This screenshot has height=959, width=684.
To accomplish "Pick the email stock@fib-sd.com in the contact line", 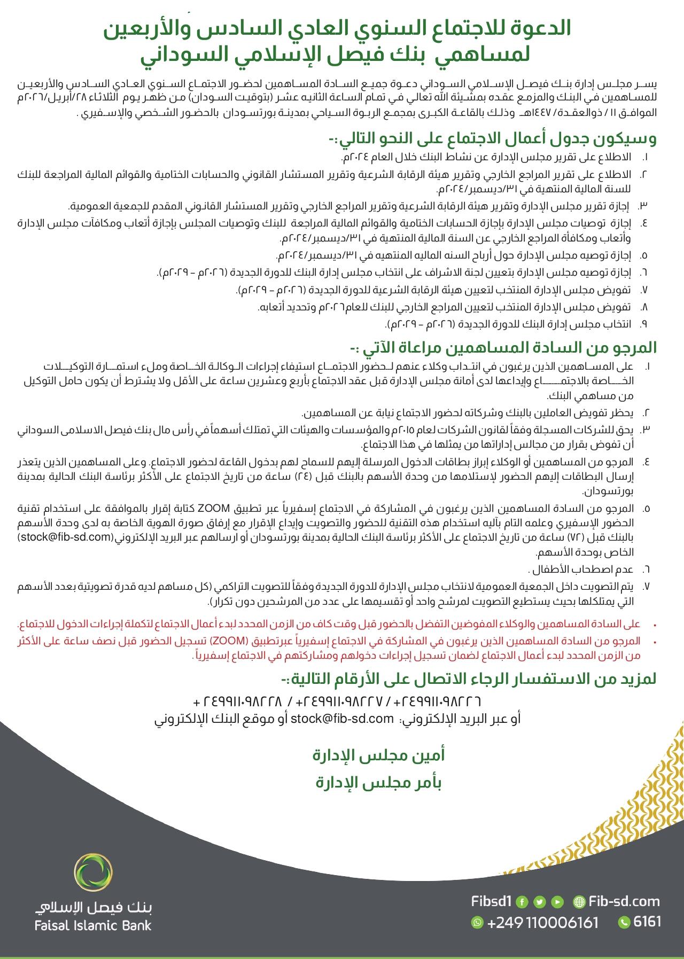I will pyautogui.click(x=343, y=719).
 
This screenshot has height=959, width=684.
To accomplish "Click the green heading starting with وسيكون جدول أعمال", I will pyautogui.click(x=492, y=140).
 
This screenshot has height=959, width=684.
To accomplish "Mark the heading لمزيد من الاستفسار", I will pyautogui.click(x=469, y=680).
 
